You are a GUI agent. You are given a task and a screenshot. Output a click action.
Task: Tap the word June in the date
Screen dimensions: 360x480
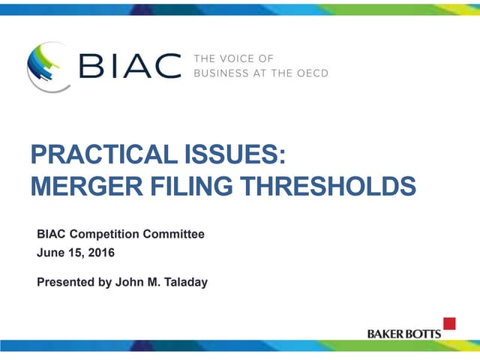coord(49,253)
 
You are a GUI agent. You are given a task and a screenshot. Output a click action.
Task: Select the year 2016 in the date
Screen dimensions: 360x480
coord(100,253)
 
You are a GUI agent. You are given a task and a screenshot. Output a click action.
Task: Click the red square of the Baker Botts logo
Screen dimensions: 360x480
coord(449,323)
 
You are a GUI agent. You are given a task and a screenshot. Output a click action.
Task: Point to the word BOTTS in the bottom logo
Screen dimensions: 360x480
coord(425,333)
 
